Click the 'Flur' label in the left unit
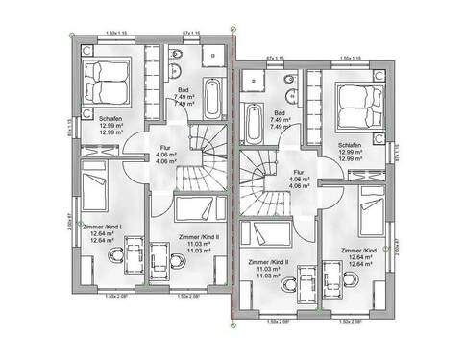[x=164, y=149]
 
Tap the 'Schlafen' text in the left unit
[x=110, y=118]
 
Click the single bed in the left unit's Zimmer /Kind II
[x=198, y=211]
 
